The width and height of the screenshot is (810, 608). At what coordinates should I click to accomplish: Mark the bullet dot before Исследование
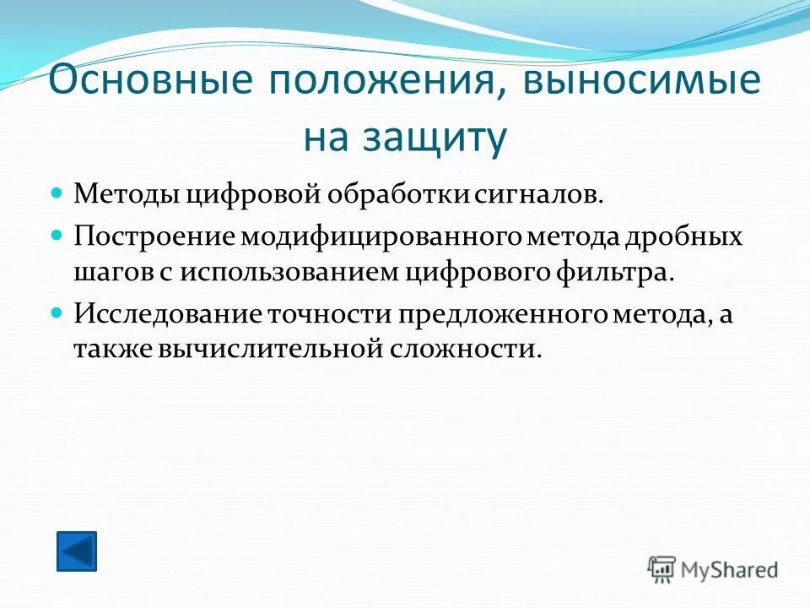57,312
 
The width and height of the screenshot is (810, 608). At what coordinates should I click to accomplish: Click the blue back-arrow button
77,551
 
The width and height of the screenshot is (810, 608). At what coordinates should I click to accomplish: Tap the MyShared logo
713,569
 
